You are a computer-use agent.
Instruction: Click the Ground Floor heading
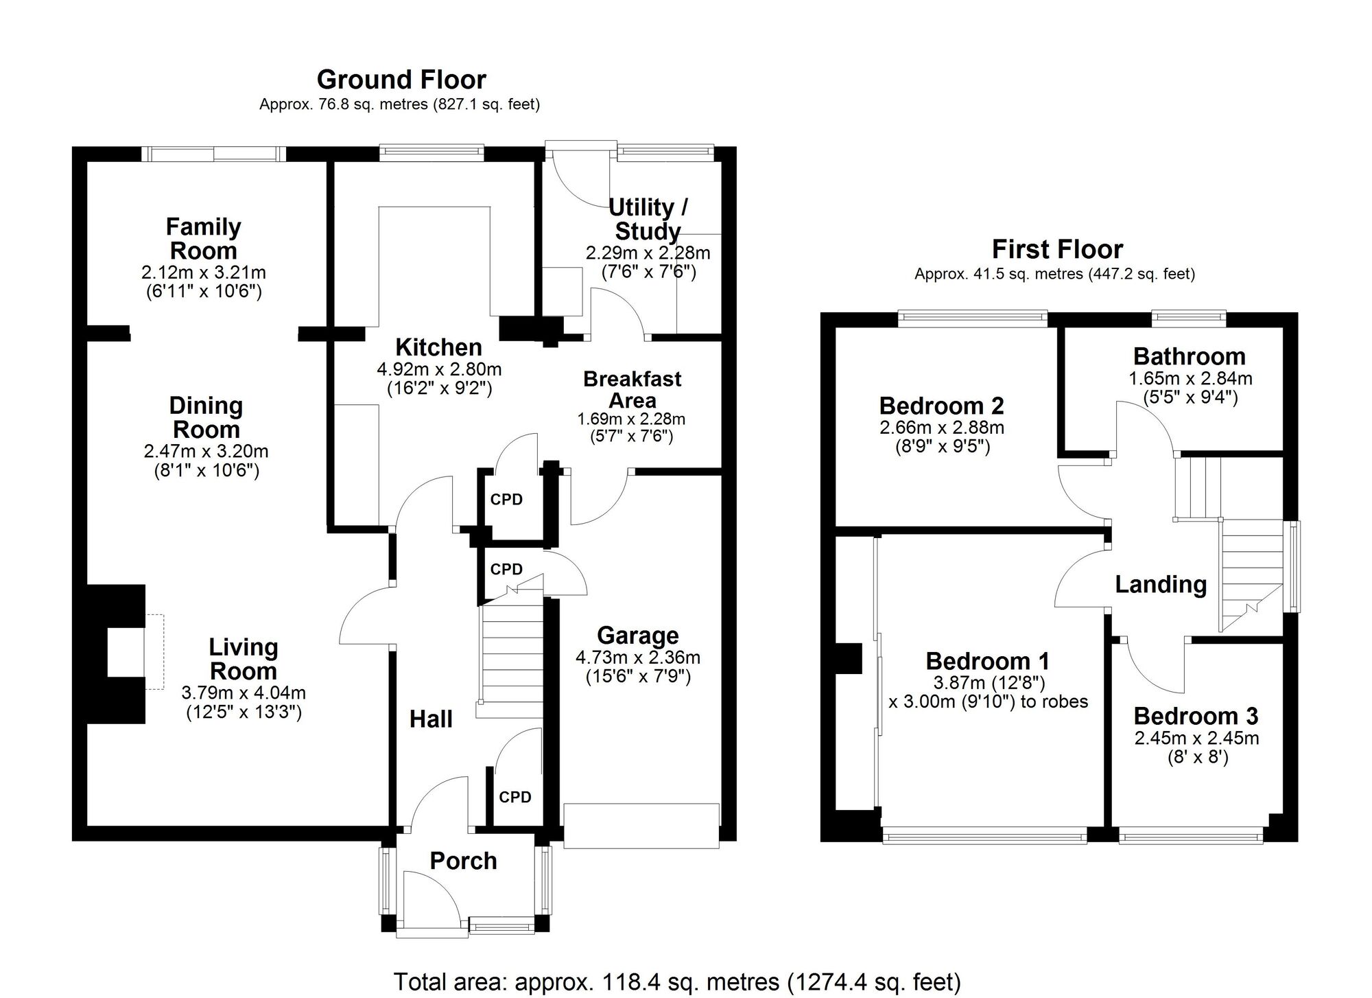tap(401, 80)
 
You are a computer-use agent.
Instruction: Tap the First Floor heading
tap(1057, 249)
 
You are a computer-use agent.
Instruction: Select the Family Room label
tap(203, 238)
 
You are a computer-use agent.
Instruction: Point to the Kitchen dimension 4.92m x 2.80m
tap(439, 369)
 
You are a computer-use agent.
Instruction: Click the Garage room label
tap(637, 635)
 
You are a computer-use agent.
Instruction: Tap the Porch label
tap(463, 861)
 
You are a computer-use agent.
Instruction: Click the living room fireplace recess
tap(126, 652)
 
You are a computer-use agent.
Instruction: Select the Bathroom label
tap(1189, 356)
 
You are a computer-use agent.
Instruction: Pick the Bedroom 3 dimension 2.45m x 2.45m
tap(1196, 739)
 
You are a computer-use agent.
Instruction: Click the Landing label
tap(1161, 584)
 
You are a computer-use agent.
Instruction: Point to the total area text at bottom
tap(677, 982)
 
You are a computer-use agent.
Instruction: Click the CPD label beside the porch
tap(514, 797)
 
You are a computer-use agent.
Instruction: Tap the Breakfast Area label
tap(632, 389)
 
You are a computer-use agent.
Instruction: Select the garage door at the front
tap(641, 826)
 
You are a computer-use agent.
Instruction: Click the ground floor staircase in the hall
tap(511, 659)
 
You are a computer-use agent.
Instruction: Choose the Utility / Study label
tap(647, 218)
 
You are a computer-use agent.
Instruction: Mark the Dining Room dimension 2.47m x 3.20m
tap(206, 452)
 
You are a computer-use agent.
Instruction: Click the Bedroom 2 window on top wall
tap(972, 316)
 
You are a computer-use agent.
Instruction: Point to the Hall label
tap(431, 719)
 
